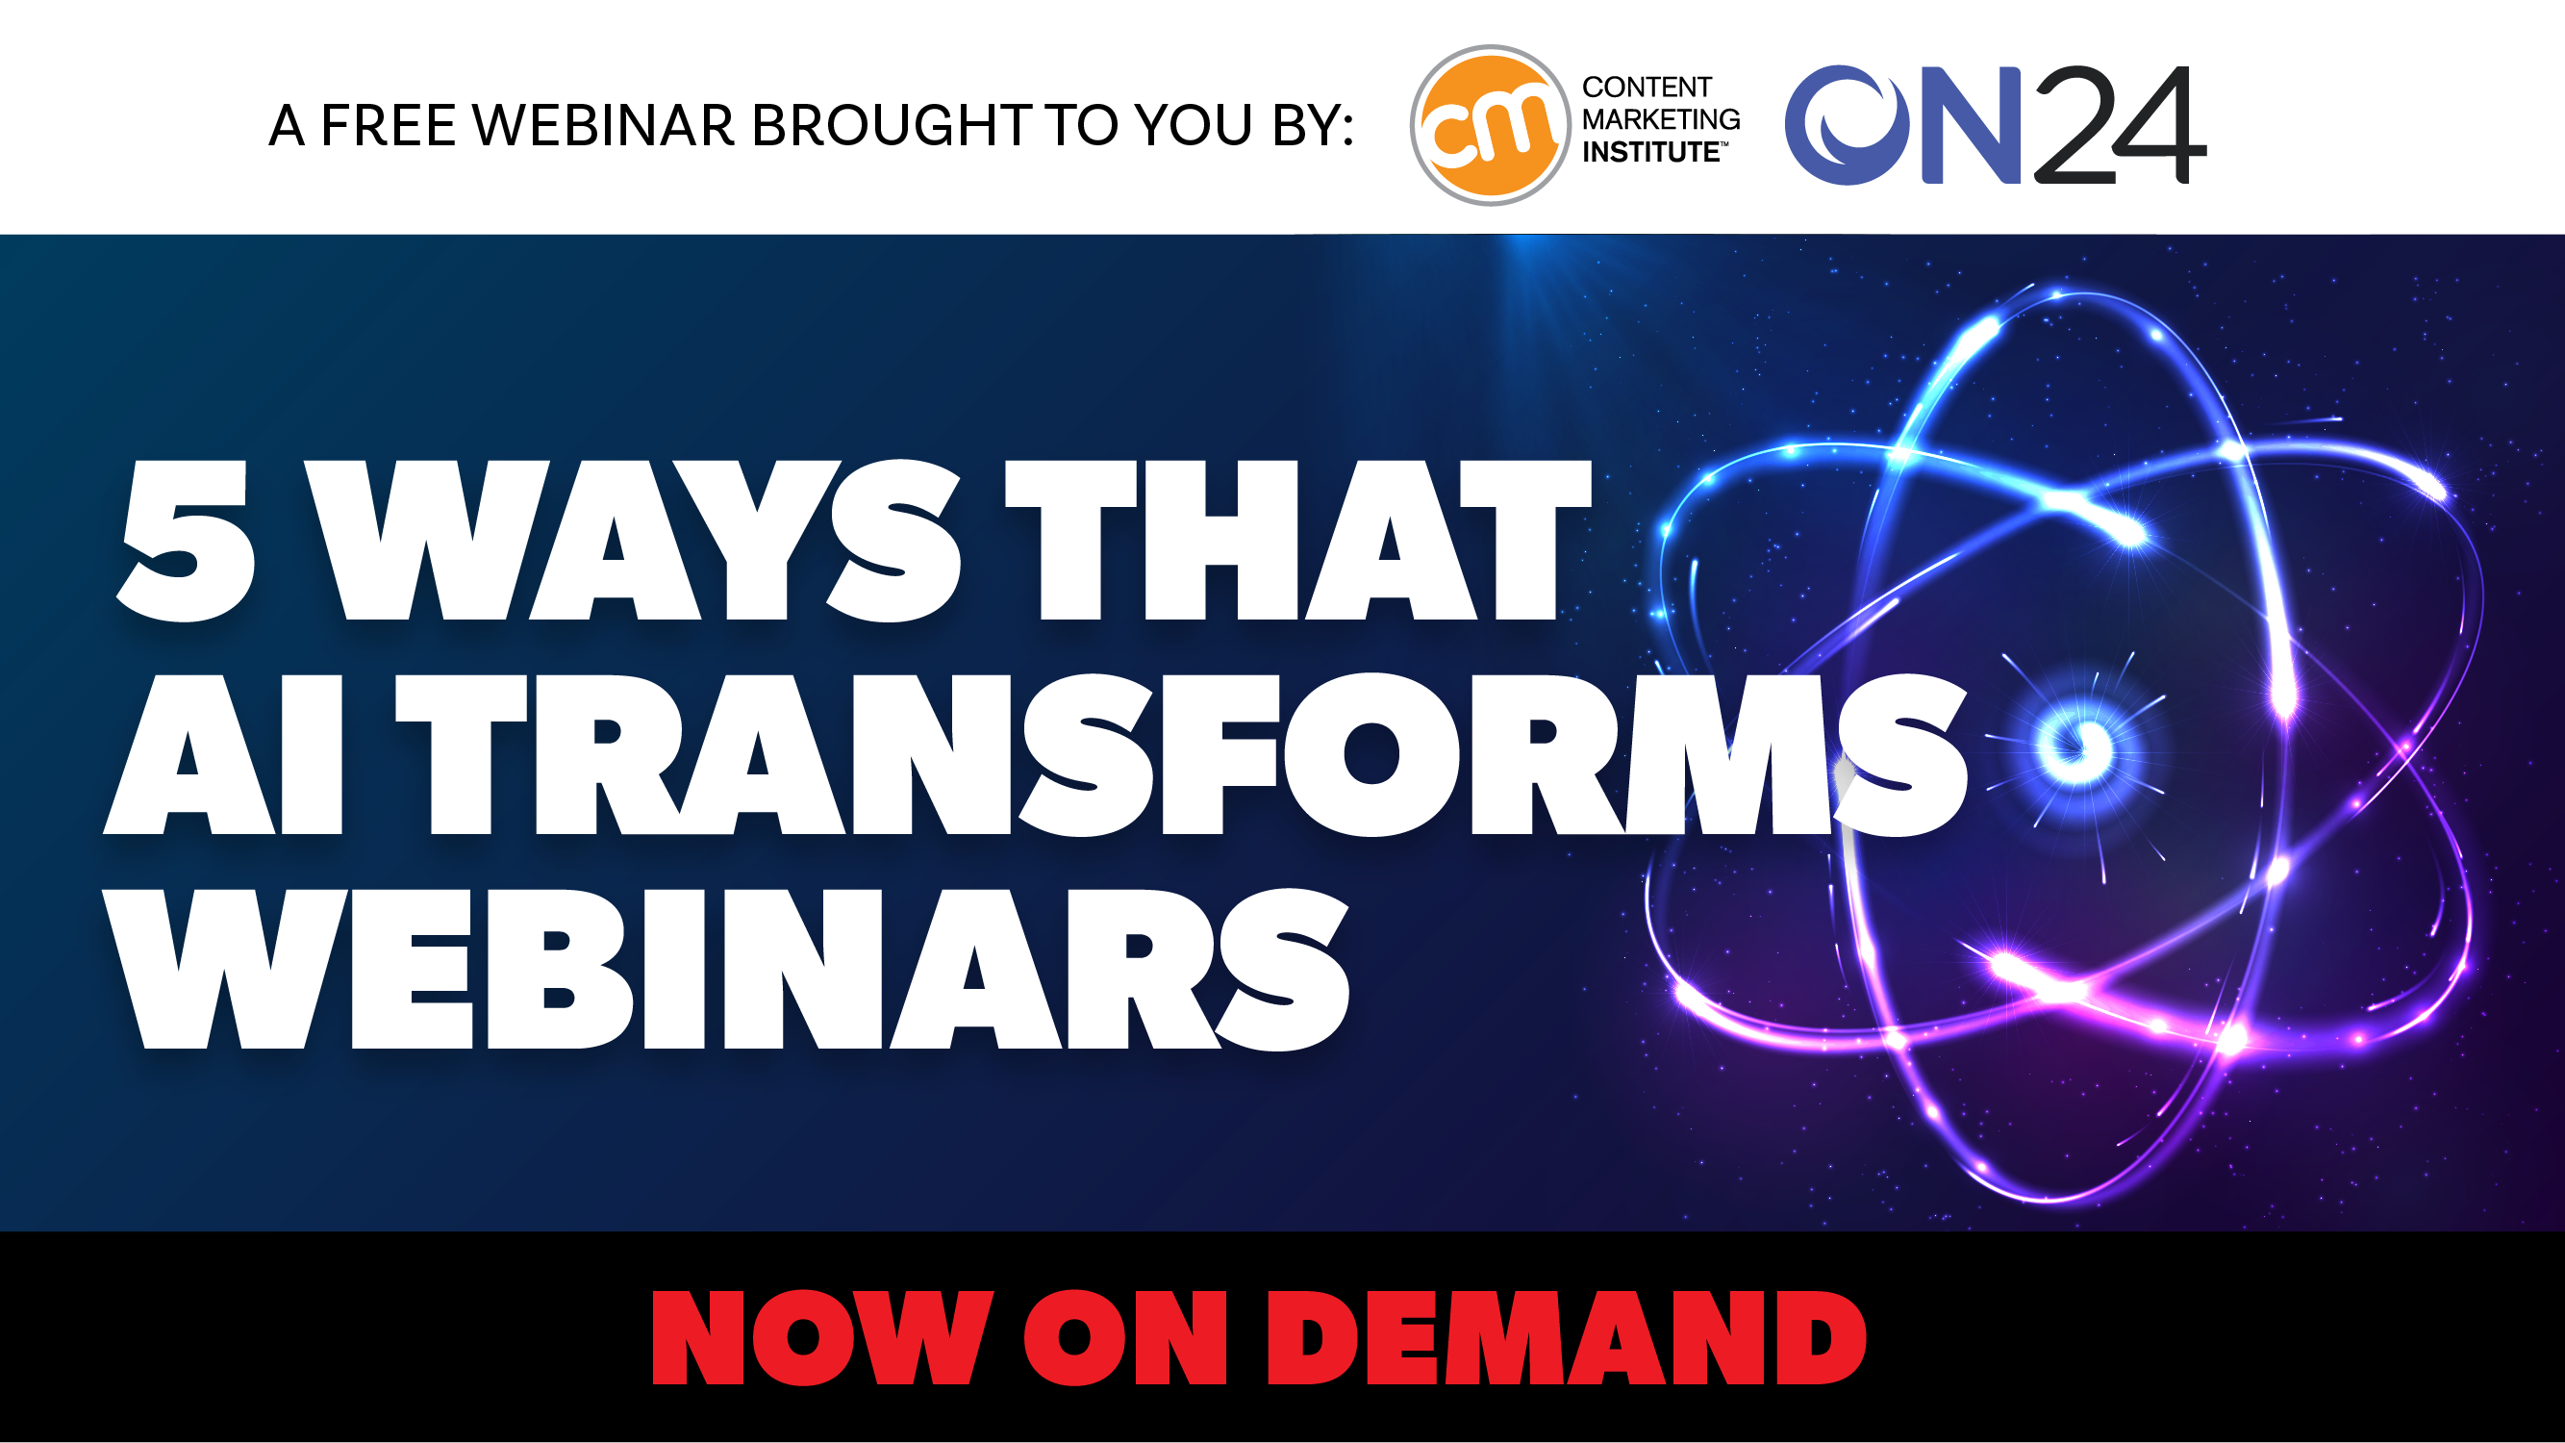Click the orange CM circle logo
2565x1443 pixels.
pyautogui.click(x=1490, y=125)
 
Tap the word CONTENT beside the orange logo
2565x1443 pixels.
pyautogui.click(x=1646, y=88)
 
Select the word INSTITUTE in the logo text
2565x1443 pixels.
pyautogui.click(x=1652, y=152)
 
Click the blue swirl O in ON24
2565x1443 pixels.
pyautogui.click(x=1845, y=125)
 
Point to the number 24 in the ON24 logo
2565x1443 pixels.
pyautogui.click(x=2120, y=125)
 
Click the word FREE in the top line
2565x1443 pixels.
pyautogui.click(x=389, y=126)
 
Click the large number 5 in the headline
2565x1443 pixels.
pyautogui.click(x=187, y=541)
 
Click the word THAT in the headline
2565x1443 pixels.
pyautogui.click(x=1297, y=541)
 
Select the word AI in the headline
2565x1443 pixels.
pyautogui.click(x=223, y=754)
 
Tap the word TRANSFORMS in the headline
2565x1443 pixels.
pyautogui.click(x=1182, y=754)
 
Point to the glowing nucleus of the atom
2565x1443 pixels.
pyautogui.click(x=2076, y=745)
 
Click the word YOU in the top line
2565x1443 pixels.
pyautogui.click(x=1193, y=126)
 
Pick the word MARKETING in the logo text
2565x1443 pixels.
pyautogui.click(x=1662, y=119)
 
